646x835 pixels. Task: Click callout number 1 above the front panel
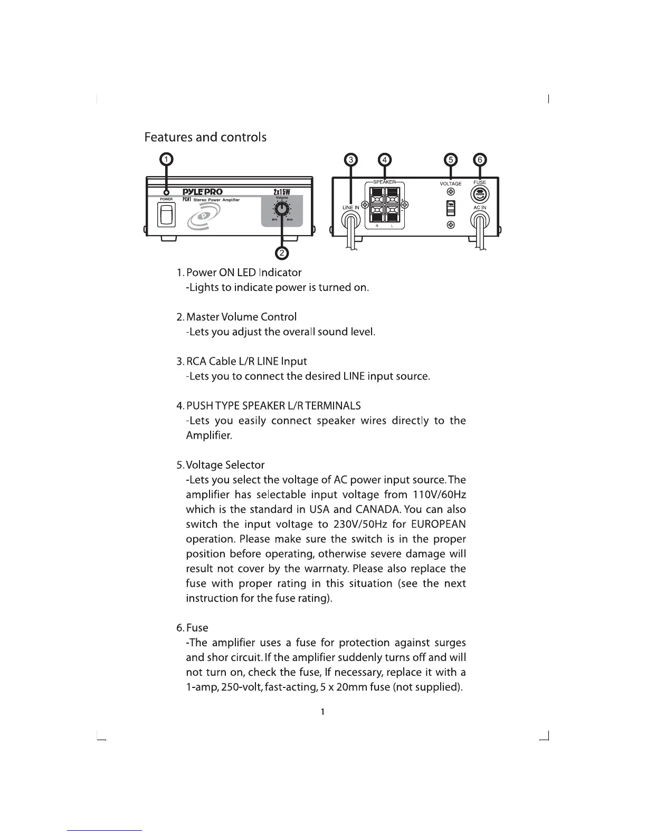(x=166, y=159)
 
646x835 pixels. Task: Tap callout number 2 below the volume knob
(x=282, y=253)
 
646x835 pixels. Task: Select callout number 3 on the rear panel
(x=351, y=160)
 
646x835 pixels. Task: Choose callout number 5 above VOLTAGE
(x=450, y=160)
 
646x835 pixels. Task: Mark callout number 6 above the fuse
(x=480, y=160)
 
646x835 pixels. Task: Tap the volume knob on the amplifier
(x=282, y=209)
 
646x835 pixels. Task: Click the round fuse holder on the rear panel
(x=480, y=194)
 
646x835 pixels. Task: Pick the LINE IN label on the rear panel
(x=351, y=208)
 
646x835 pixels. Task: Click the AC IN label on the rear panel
(x=480, y=208)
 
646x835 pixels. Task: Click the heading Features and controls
(x=205, y=138)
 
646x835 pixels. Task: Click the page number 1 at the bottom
(x=322, y=712)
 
